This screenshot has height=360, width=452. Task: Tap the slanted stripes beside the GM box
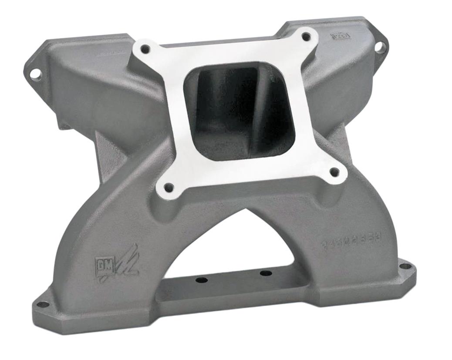pyautogui.click(x=126, y=263)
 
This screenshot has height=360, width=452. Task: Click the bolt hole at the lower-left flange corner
pyautogui.click(x=43, y=304)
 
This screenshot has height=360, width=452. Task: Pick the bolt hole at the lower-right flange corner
pyautogui.click(x=405, y=266)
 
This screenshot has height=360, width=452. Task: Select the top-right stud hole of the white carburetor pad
pyautogui.click(x=307, y=37)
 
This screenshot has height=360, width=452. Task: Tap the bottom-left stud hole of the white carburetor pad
pyautogui.click(x=169, y=188)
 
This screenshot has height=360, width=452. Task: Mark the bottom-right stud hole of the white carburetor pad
pyautogui.click(x=334, y=172)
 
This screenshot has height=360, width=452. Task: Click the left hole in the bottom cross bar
pyautogui.click(x=201, y=279)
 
